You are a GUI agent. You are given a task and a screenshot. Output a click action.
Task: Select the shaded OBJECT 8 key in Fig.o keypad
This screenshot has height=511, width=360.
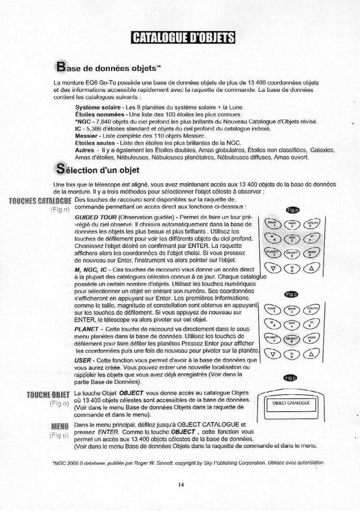(292, 340)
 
